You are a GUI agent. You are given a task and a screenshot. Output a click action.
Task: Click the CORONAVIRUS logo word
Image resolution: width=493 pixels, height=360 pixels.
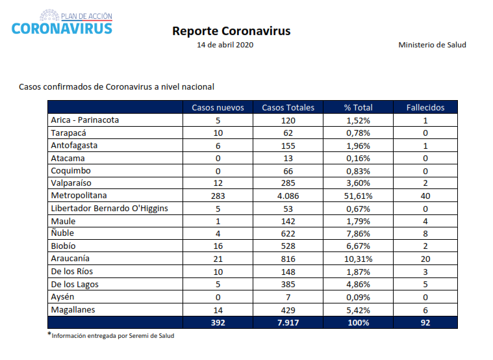tap(62, 29)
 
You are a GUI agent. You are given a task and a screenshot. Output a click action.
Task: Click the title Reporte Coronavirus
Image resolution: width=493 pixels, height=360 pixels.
tap(231, 31)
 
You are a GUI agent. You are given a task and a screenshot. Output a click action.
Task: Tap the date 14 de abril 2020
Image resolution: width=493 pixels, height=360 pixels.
tap(225, 45)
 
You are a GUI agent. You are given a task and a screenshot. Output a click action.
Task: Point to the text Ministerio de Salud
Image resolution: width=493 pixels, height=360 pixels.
tap(433, 45)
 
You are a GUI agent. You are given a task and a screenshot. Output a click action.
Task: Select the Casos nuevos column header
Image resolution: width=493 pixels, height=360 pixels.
tap(218, 108)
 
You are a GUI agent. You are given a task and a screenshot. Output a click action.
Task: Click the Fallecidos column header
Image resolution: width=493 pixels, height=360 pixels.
tap(425, 108)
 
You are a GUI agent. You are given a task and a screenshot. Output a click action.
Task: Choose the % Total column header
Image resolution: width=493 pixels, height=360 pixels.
tap(358, 108)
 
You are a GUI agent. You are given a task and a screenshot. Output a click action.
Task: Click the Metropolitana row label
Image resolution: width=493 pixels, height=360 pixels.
tap(79, 196)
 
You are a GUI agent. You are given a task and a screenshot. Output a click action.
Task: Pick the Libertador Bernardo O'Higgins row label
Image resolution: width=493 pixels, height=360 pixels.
tap(109, 209)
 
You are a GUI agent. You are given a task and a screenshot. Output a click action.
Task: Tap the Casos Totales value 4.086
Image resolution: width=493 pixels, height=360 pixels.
tap(288, 196)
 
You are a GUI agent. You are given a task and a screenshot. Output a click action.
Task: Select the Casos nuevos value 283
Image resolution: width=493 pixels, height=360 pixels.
tap(218, 196)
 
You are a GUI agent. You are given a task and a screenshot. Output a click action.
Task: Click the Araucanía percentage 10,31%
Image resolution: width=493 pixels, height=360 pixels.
tap(358, 259)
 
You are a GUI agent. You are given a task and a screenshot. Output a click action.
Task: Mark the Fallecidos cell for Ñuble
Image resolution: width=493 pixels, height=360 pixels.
tap(425, 233)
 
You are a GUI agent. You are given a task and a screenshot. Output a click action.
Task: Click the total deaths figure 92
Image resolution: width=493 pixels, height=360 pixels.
tap(425, 322)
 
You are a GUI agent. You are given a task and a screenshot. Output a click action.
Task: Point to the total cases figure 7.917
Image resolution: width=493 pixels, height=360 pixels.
tap(288, 322)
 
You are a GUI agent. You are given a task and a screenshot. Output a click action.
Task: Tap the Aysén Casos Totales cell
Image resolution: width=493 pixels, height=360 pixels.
tap(288, 297)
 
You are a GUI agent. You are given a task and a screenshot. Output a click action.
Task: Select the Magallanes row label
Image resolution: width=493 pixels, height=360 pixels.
tap(73, 310)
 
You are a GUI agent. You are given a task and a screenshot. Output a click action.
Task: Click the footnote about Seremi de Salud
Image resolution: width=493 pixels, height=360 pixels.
tap(111, 335)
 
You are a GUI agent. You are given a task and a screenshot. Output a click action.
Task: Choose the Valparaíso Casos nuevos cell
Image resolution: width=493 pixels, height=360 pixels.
tap(218, 183)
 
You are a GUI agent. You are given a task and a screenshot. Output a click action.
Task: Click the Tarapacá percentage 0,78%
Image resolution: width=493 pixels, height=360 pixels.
tap(358, 133)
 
